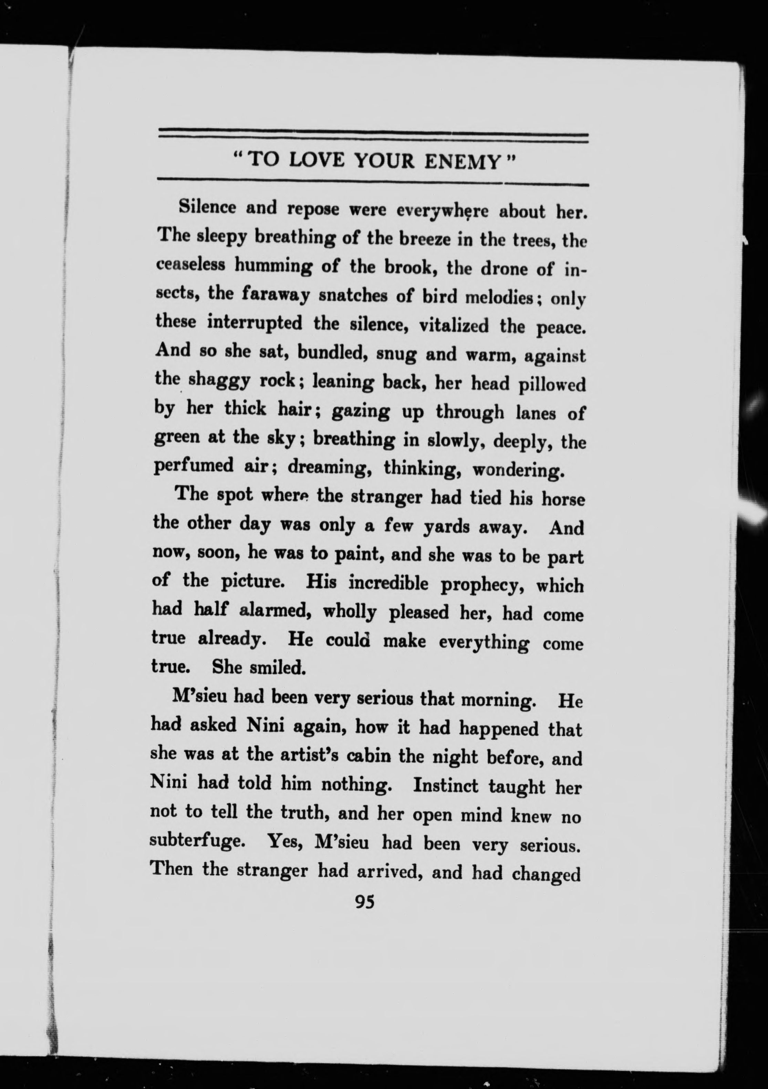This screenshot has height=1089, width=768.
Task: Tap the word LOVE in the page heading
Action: pos(316,161)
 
